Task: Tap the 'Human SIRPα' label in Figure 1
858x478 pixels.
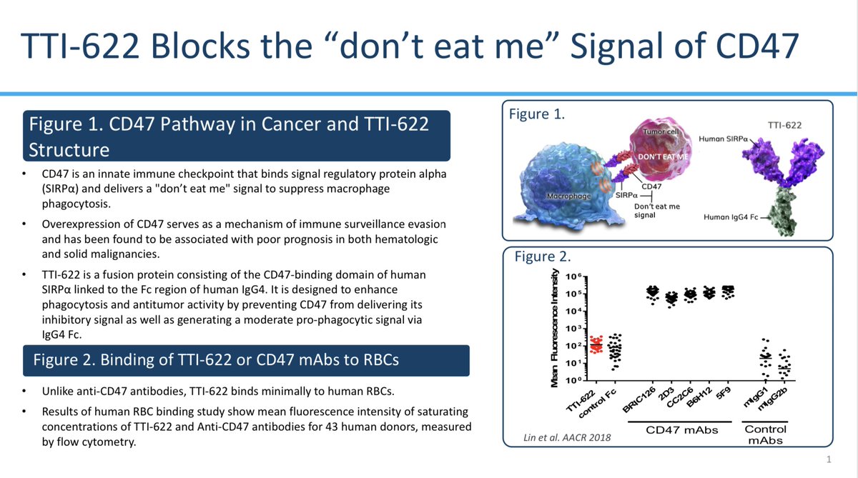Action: coord(723,137)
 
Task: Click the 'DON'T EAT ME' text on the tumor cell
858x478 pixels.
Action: coord(661,156)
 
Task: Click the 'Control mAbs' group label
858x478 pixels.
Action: coord(766,434)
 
